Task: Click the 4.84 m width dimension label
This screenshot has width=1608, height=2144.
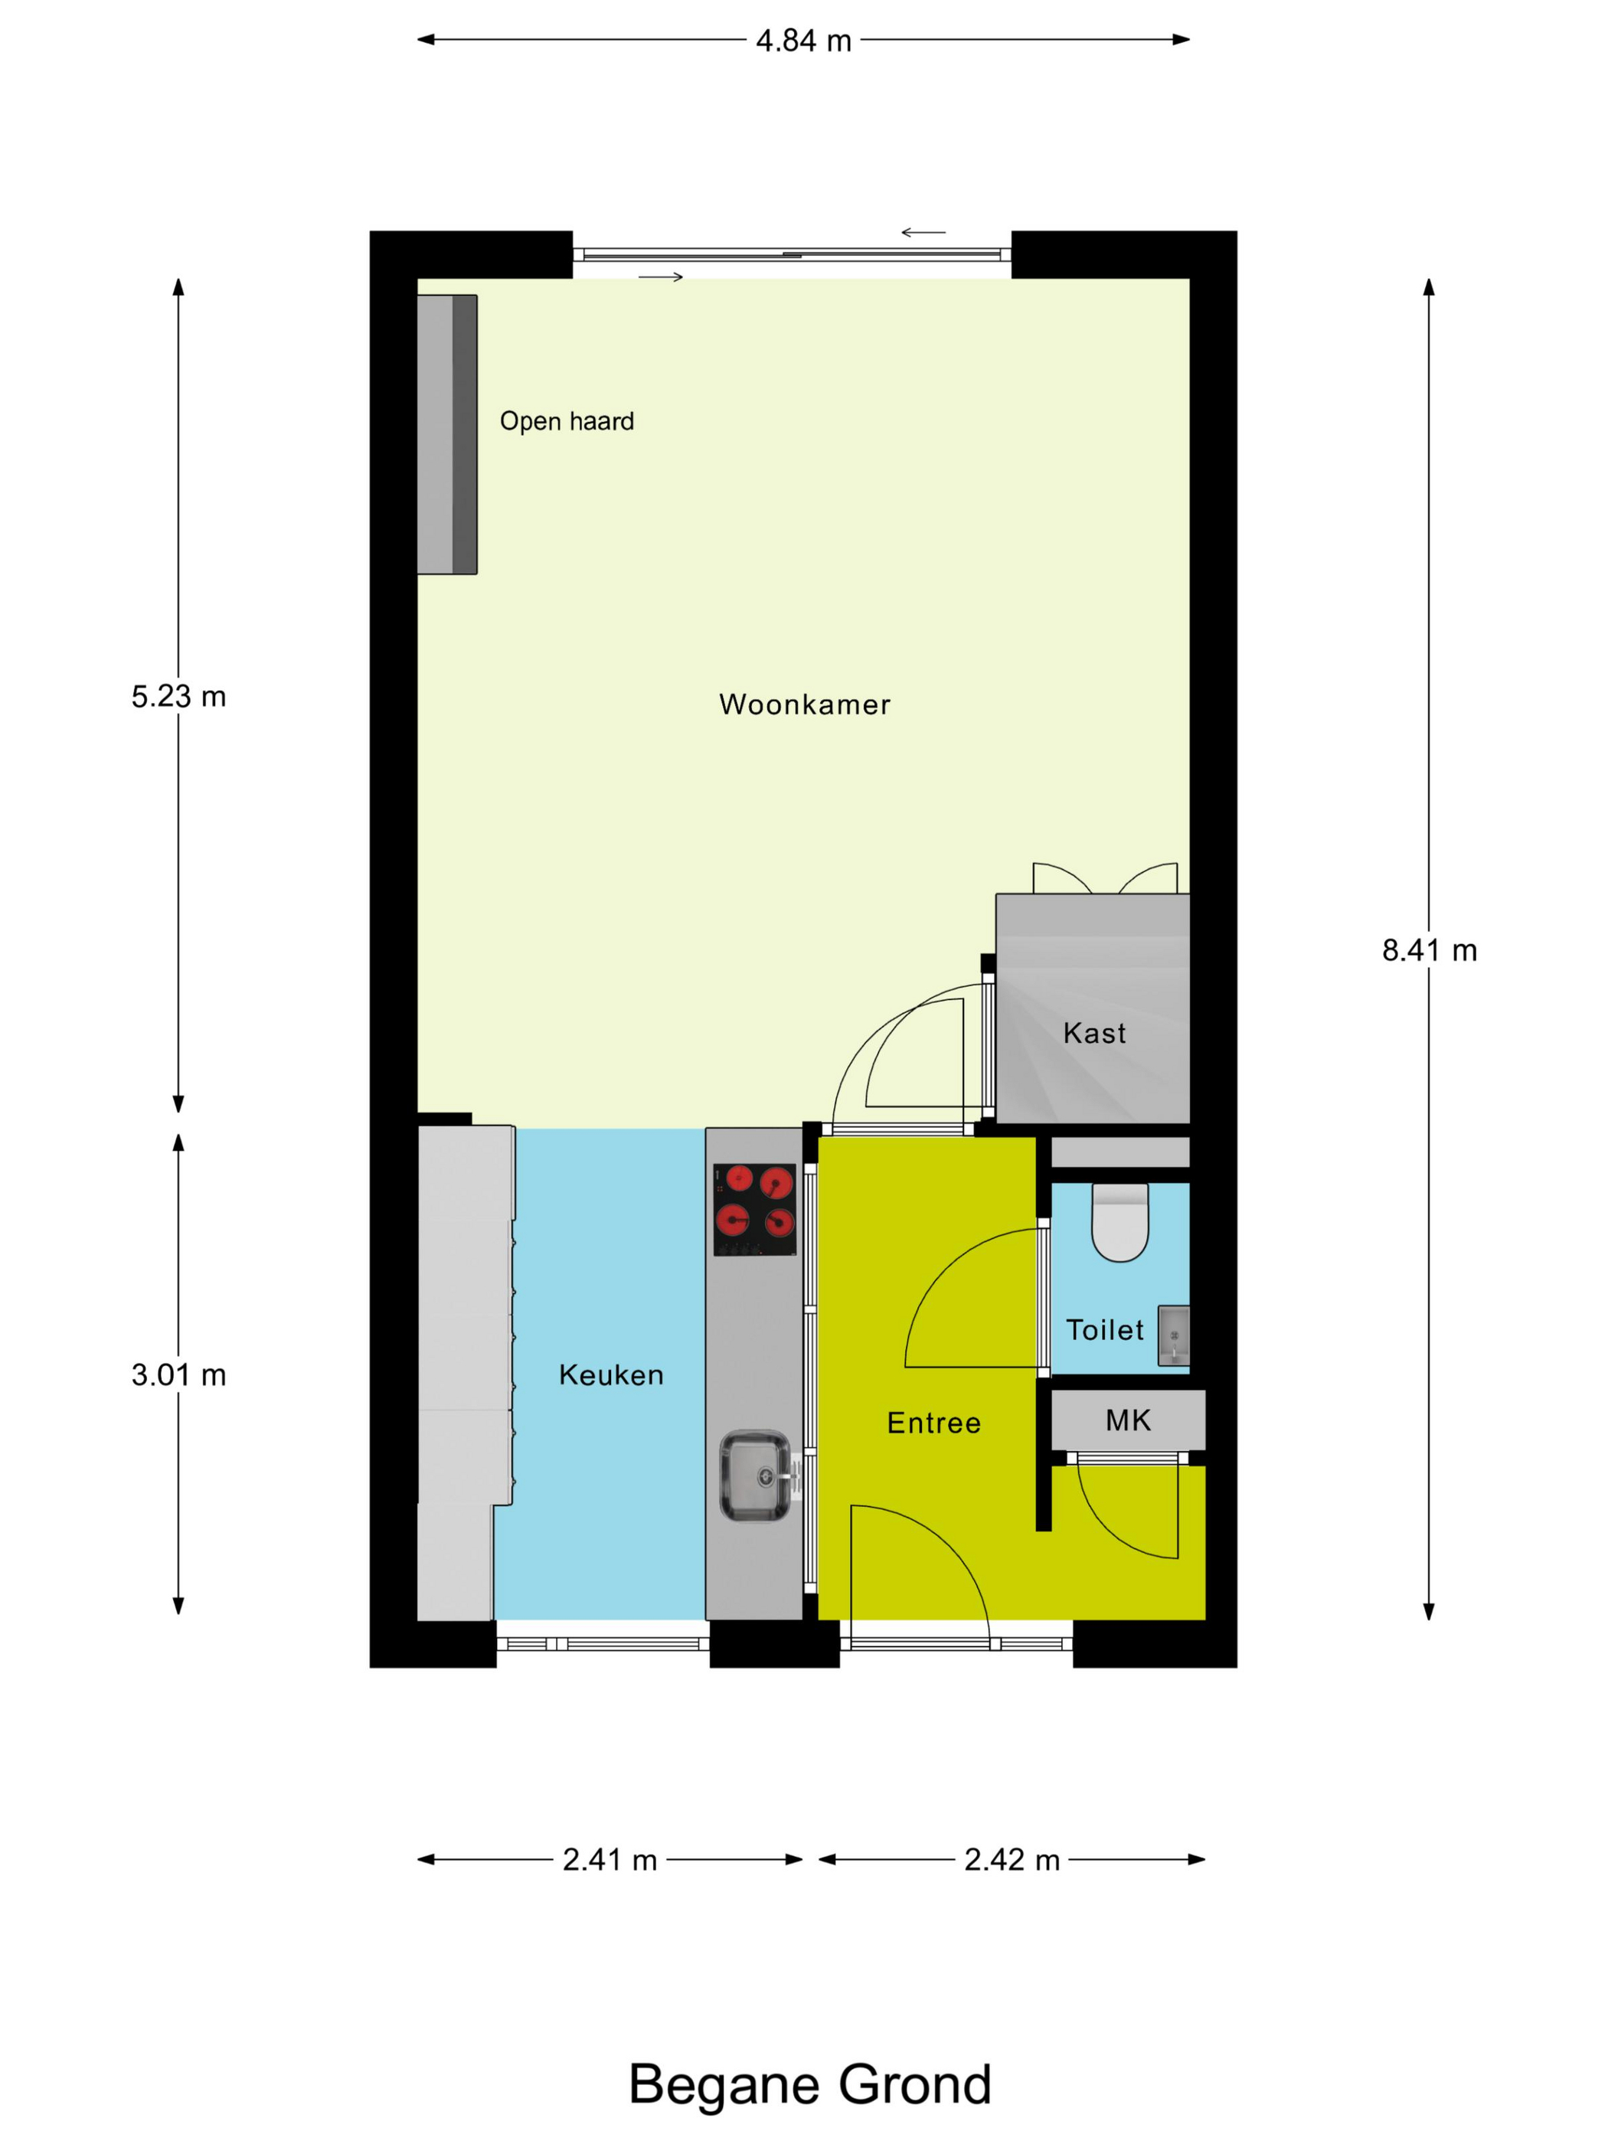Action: (802, 41)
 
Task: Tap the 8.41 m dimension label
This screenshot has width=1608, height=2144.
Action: (1429, 950)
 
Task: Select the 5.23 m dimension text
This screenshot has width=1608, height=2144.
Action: (178, 696)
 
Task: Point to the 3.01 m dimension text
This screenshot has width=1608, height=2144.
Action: (178, 1374)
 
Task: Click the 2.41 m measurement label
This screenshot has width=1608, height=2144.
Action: (610, 1860)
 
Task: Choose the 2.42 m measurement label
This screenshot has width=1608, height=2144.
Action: (1012, 1860)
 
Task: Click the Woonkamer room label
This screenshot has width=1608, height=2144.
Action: (805, 704)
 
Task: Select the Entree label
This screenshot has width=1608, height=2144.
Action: (933, 1423)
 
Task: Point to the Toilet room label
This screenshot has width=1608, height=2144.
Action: (1105, 1330)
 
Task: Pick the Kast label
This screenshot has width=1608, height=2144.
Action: (1094, 1033)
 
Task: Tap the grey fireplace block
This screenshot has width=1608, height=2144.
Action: (447, 434)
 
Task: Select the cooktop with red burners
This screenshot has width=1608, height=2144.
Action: (754, 1210)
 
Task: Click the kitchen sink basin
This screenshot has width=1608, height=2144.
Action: (754, 1476)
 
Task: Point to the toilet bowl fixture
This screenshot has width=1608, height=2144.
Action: (1119, 1222)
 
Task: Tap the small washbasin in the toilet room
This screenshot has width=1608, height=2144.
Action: (1173, 1335)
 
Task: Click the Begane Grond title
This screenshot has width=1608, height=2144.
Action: (810, 2084)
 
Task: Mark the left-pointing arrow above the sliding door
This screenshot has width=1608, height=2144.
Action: (923, 233)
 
